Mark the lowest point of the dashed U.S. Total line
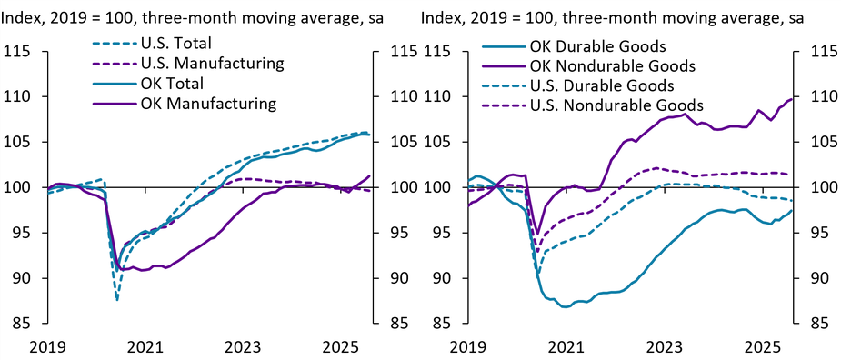[x=117, y=299]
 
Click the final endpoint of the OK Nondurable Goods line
[x=792, y=98]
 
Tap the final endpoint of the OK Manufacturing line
[x=370, y=175]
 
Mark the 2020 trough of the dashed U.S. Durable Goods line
[x=538, y=274]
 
